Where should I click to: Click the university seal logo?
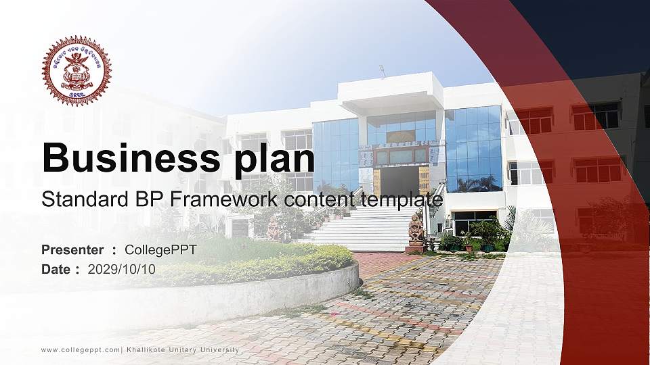click(x=77, y=71)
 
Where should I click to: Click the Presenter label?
click(x=72, y=250)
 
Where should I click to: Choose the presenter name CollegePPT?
click(x=160, y=250)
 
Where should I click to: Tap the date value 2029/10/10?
click(x=122, y=269)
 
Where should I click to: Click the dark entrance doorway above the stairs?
click(x=399, y=181)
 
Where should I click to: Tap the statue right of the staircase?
click(x=415, y=230)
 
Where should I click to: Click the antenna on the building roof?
click(x=382, y=70)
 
